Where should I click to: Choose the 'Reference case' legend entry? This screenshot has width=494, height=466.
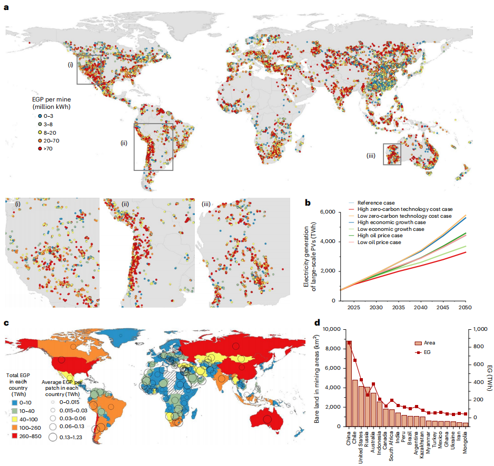[x=376, y=202]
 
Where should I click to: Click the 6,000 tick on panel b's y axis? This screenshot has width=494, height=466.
[x=329, y=212]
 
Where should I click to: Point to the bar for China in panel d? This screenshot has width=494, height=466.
[x=349, y=384]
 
